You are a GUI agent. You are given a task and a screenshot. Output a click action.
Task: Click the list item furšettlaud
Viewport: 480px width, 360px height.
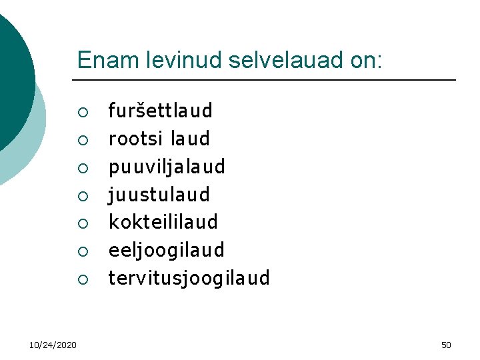pyautogui.click(x=160, y=110)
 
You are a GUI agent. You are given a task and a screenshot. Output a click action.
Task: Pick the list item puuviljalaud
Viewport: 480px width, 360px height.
pyautogui.click(x=167, y=166)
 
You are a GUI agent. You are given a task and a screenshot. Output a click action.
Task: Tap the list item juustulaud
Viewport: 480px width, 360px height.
pyautogui.click(x=159, y=195)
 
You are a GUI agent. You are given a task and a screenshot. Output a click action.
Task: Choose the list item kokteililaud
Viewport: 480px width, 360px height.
pyautogui.click(x=163, y=222)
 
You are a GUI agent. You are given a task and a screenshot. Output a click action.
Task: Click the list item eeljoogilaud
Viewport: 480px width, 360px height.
pyautogui.click(x=166, y=251)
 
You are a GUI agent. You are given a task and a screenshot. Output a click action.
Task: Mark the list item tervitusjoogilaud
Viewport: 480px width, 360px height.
pyautogui.click(x=189, y=278)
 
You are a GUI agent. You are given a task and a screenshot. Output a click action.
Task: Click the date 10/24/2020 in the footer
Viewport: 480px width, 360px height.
pyautogui.click(x=53, y=345)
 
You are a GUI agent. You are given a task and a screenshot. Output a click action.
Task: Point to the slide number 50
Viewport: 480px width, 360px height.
pyautogui.click(x=446, y=345)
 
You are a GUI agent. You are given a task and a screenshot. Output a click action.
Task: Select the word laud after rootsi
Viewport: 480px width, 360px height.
pyautogui.click(x=190, y=139)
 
